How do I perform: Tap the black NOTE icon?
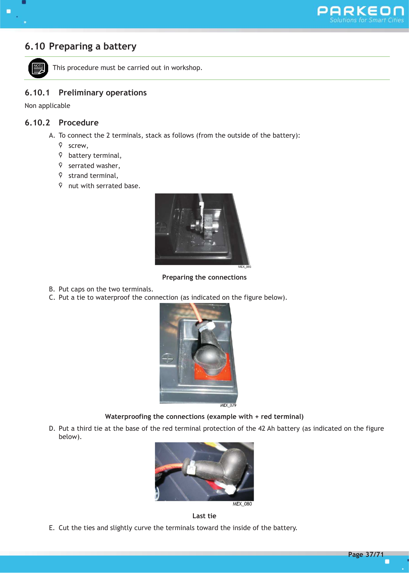(x=38, y=68)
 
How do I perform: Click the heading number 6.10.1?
(x=37, y=93)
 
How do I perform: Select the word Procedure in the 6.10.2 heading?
(x=79, y=123)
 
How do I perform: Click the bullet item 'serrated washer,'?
(x=94, y=166)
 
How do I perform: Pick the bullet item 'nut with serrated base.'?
(x=104, y=186)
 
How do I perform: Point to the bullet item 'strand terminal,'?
(x=93, y=176)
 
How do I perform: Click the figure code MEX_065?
(x=244, y=267)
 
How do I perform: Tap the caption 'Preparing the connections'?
(x=204, y=277)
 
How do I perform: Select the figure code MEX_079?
(x=228, y=405)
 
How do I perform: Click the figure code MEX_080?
(x=242, y=504)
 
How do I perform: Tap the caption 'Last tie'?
(x=204, y=516)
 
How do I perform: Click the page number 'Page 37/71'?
(x=366, y=555)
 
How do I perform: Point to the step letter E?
(x=51, y=528)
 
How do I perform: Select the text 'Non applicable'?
(x=47, y=106)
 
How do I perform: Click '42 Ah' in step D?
(x=266, y=428)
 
